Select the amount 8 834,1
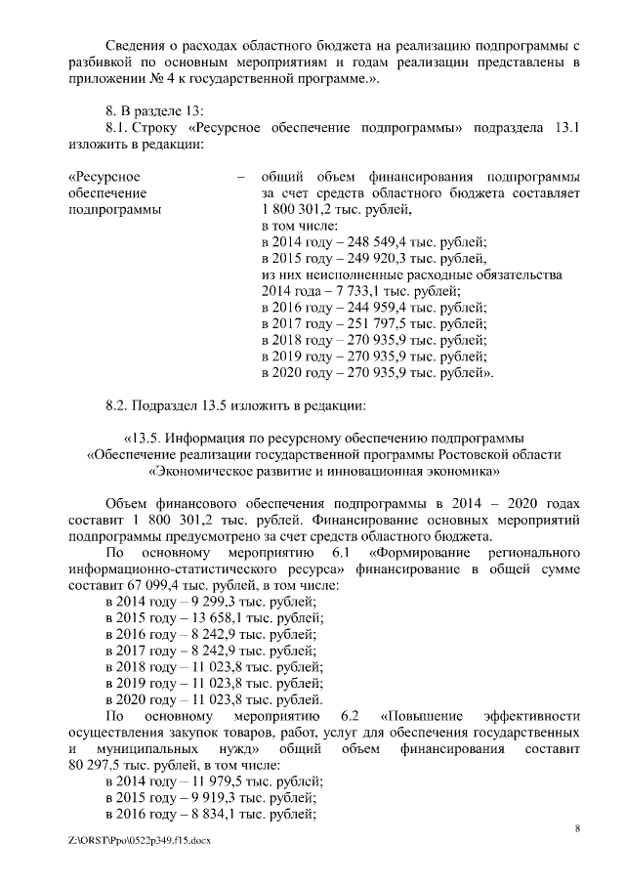point(190,815)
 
